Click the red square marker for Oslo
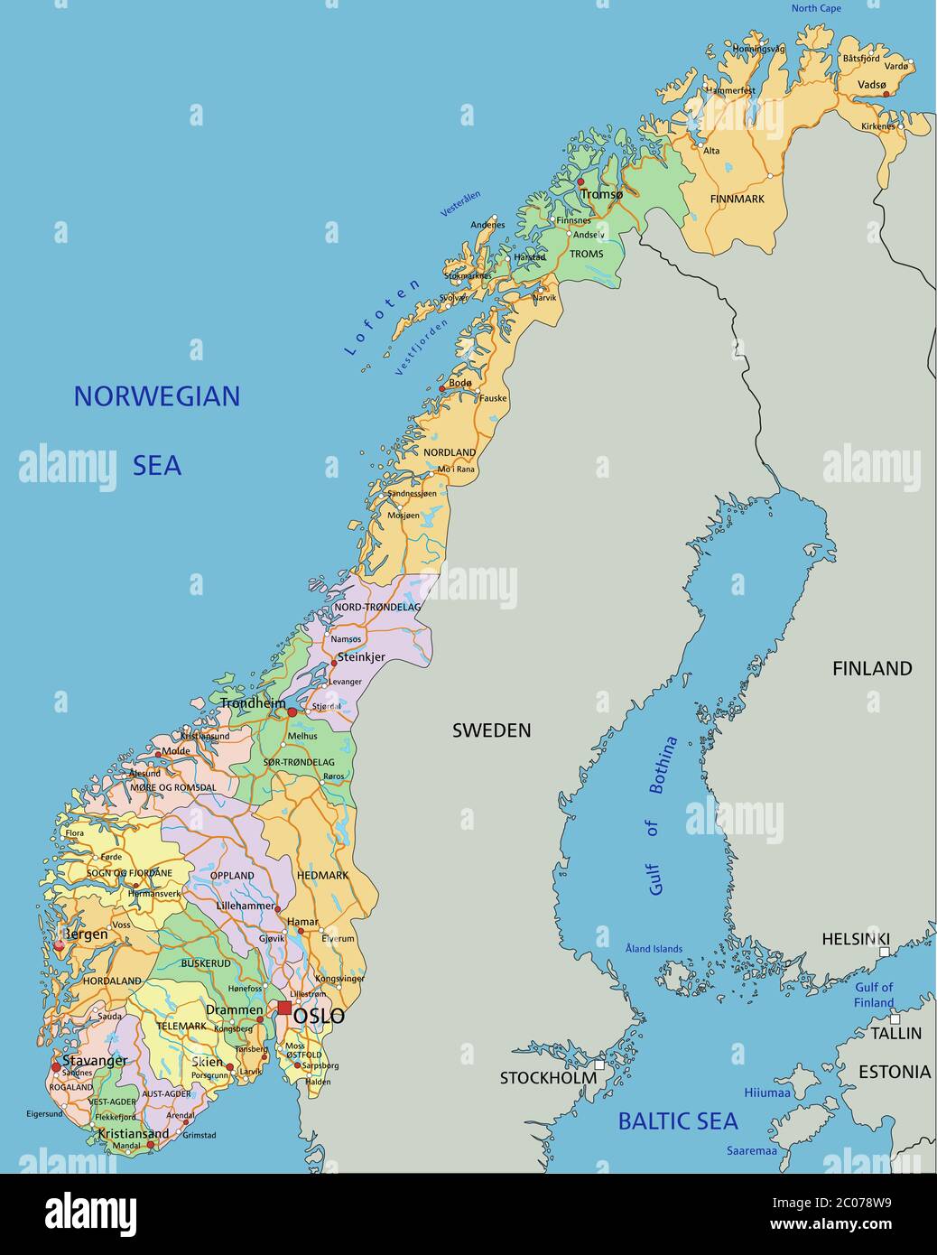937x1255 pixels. coord(284,1008)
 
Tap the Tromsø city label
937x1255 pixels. coord(602,194)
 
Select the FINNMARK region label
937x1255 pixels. coord(737,199)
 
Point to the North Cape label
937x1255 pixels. coord(816,8)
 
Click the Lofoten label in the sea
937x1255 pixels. coord(383,316)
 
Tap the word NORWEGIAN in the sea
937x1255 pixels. coord(157,396)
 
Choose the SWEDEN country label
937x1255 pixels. coord(491,730)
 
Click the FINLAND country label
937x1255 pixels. coord(871,668)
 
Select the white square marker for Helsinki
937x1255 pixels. coord(885,953)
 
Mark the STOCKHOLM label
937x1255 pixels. coord(548,1077)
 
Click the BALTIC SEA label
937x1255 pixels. coord(677,1121)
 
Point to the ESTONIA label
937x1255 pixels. coord(894,1072)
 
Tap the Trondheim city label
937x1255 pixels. coord(253,703)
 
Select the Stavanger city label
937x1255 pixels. coord(95,1060)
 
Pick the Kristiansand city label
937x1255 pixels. coord(133,1133)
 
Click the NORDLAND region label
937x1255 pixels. coord(450,452)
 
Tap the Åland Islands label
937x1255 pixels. coord(654,949)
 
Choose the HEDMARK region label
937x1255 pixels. coord(322,875)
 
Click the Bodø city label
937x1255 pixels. coord(460,383)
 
